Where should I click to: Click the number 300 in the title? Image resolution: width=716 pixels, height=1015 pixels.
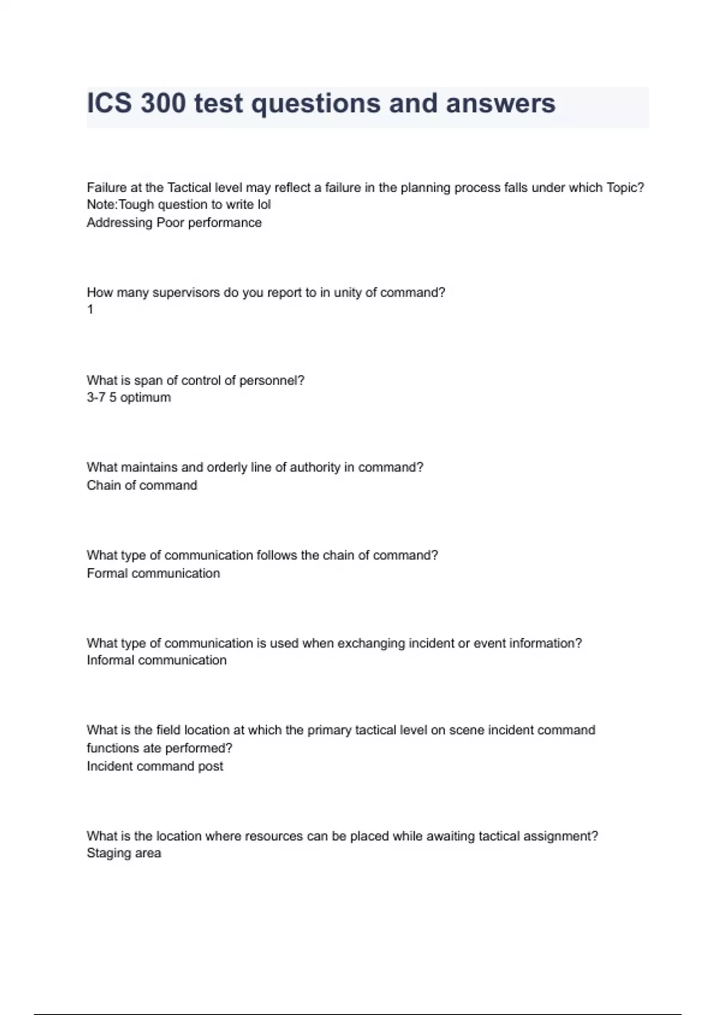pos(163,103)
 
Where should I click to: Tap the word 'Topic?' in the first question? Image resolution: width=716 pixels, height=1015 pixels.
pos(625,187)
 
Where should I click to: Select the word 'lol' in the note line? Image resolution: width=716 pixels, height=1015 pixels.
pos(263,205)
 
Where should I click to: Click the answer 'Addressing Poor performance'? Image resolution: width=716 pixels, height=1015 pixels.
pos(174,223)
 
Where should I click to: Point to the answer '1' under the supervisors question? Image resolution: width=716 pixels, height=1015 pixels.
pos(90,309)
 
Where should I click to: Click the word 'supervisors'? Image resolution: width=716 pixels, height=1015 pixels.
pos(186,293)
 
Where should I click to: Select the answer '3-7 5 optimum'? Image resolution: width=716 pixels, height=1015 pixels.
pos(129,398)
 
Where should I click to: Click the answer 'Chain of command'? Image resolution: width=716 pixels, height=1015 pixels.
pos(142,485)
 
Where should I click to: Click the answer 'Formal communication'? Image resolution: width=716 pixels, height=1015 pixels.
pos(153,573)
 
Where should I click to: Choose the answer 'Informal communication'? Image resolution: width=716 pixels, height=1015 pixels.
pos(156,660)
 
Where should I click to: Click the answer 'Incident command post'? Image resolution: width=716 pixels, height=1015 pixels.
pos(155,766)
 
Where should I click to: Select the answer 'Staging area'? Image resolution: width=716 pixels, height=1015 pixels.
pos(124,853)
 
